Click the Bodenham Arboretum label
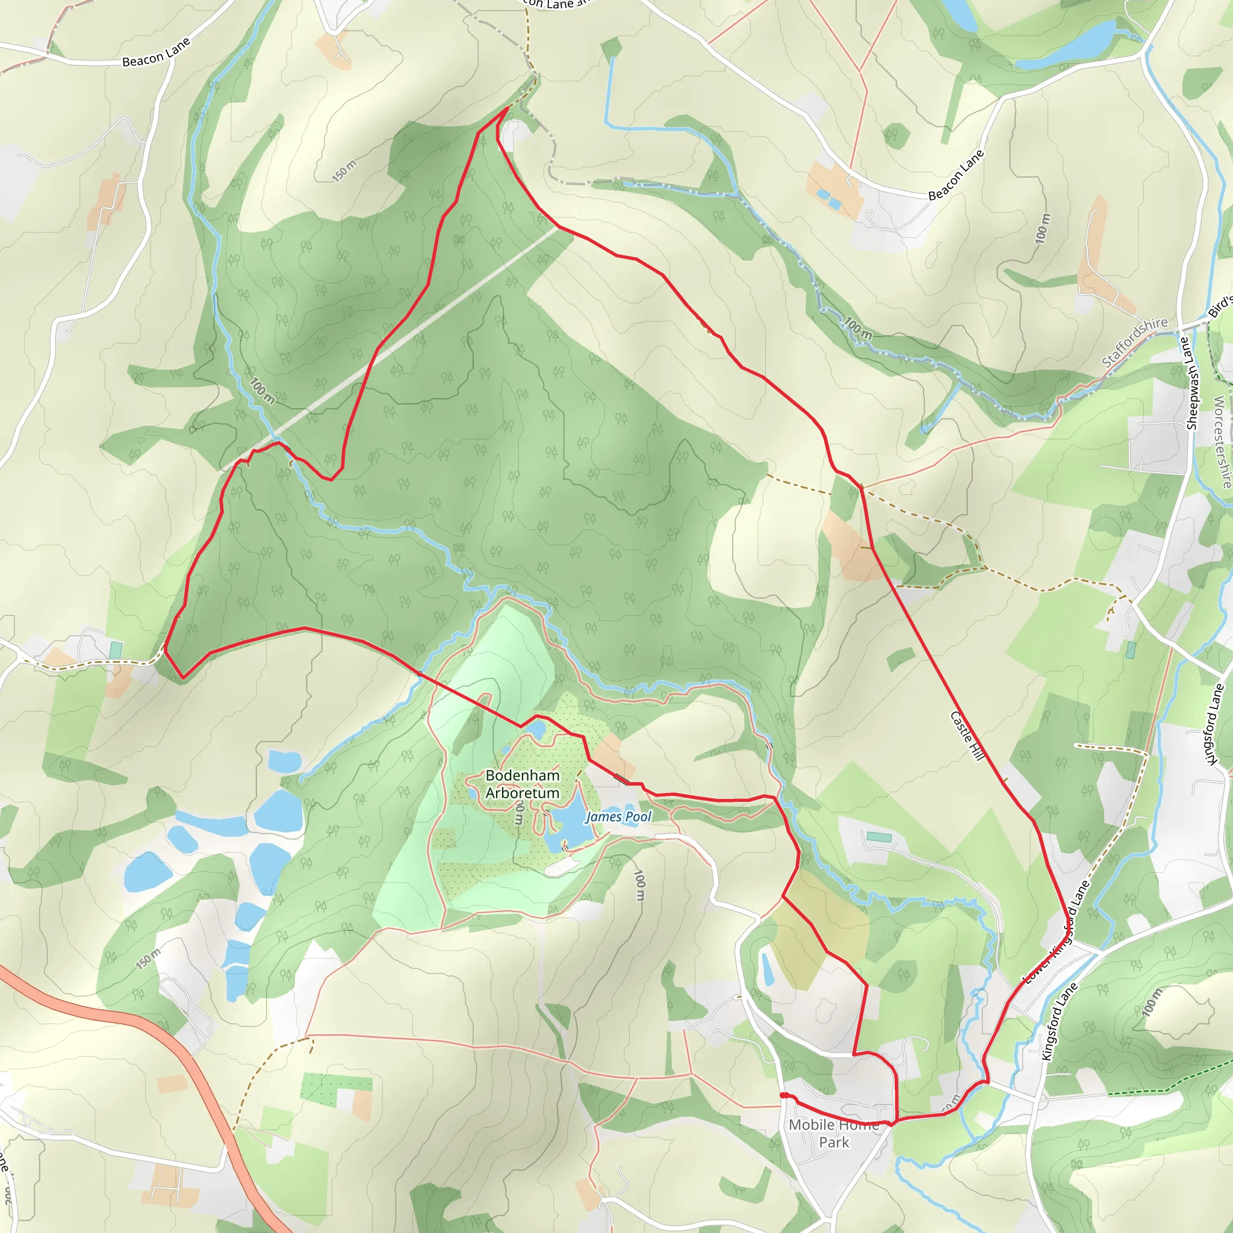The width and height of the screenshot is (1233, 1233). click(522, 784)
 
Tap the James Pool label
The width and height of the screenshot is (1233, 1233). click(618, 817)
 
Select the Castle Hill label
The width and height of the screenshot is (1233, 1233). click(967, 735)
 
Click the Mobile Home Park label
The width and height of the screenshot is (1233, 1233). click(833, 1134)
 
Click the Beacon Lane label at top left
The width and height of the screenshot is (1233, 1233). click(156, 52)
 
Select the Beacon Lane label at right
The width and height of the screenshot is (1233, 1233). click(955, 175)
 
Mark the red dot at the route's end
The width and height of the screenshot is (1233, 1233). click(783, 1096)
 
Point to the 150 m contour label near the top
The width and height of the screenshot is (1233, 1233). click(344, 171)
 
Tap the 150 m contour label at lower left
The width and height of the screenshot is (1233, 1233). click(148, 958)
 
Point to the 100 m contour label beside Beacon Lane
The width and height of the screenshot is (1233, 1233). click(1042, 228)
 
